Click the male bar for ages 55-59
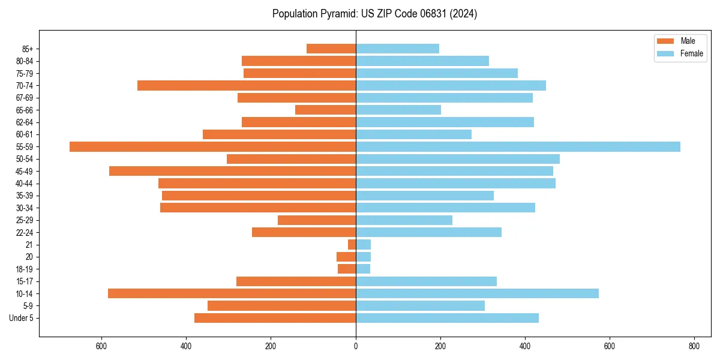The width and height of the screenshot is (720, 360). pyautogui.click(x=212, y=147)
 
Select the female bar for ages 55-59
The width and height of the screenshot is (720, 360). pyautogui.click(x=518, y=147)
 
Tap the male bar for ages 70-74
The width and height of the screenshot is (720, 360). pyautogui.click(x=247, y=86)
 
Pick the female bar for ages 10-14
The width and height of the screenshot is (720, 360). pyautogui.click(x=477, y=293)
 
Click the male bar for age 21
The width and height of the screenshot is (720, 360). pyautogui.click(x=352, y=245)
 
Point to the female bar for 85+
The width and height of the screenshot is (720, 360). pyautogui.click(x=397, y=49)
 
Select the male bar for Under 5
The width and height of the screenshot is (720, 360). pyautogui.click(x=275, y=318)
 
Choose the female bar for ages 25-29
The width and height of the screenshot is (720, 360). pyautogui.click(x=404, y=220)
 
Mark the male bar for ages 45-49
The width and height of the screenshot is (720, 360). pyautogui.click(x=232, y=171)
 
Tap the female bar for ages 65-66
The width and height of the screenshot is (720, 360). pyautogui.click(x=398, y=110)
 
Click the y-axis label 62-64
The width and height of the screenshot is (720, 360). pyautogui.click(x=25, y=122)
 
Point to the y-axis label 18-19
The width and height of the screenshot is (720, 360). pyautogui.click(x=25, y=269)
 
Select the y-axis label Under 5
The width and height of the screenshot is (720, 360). pyautogui.click(x=21, y=318)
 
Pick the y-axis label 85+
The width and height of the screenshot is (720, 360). pyautogui.click(x=28, y=49)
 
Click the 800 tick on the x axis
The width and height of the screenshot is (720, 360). pyautogui.click(x=694, y=346)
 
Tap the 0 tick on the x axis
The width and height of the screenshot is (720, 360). pyautogui.click(x=356, y=346)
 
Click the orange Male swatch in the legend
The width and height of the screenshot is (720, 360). pyautogui.click(x=665, y=41)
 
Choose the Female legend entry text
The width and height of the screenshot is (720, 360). pyautogui.click(x=692, y=53)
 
